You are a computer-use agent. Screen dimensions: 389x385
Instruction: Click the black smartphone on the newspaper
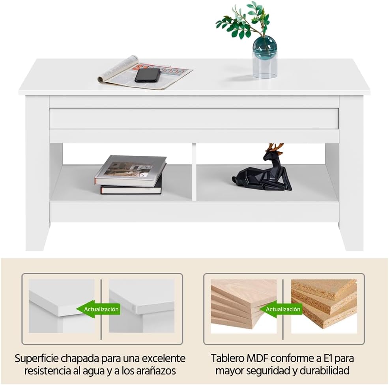pyautogui.click(x=148, y=75)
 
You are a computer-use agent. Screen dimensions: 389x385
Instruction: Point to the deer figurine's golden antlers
pyautogui.click(x=275, y=147)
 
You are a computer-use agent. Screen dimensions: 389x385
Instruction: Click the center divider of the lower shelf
pyautogui.click(x=194, y=172)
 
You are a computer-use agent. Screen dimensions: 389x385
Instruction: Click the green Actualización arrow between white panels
pyautogui.click(x=98, y=309)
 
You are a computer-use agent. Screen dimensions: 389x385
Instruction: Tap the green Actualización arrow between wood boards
pyautogui.click(x=280, y=309)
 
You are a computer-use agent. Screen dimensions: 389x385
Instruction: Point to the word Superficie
pyautogui.click(x=36, y=359)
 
